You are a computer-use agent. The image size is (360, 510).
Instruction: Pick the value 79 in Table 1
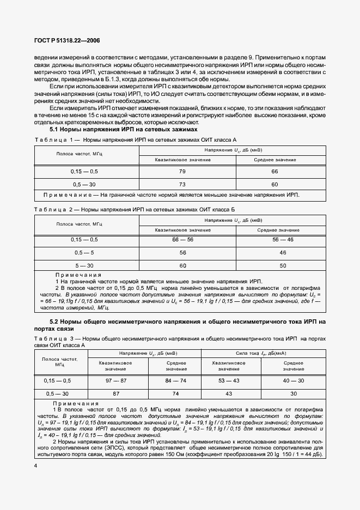(x=182, y=171)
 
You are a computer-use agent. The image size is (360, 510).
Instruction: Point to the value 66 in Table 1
(x=274, y=171)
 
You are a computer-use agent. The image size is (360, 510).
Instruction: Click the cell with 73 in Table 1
(x=182, y=184)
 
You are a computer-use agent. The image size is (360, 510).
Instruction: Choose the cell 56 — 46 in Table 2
(x=283, y=239)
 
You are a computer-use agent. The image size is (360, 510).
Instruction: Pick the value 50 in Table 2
(x=283, y=265)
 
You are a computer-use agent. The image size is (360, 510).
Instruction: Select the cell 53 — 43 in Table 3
(x=228, y=380)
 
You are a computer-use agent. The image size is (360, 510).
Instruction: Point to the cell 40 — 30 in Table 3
(x=294, y=380)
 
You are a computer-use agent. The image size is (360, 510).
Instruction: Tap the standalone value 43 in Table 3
(x=228, y=393)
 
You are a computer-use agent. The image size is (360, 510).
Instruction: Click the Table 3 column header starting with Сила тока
(x=261, y=354)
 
